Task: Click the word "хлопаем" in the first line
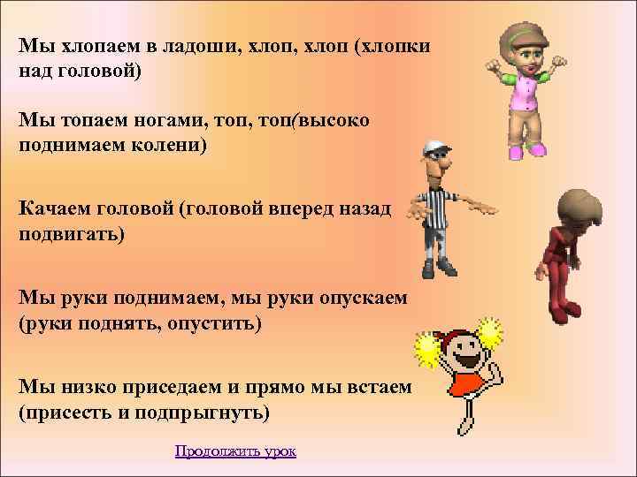[95, 47]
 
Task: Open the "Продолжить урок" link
[235, 451]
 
